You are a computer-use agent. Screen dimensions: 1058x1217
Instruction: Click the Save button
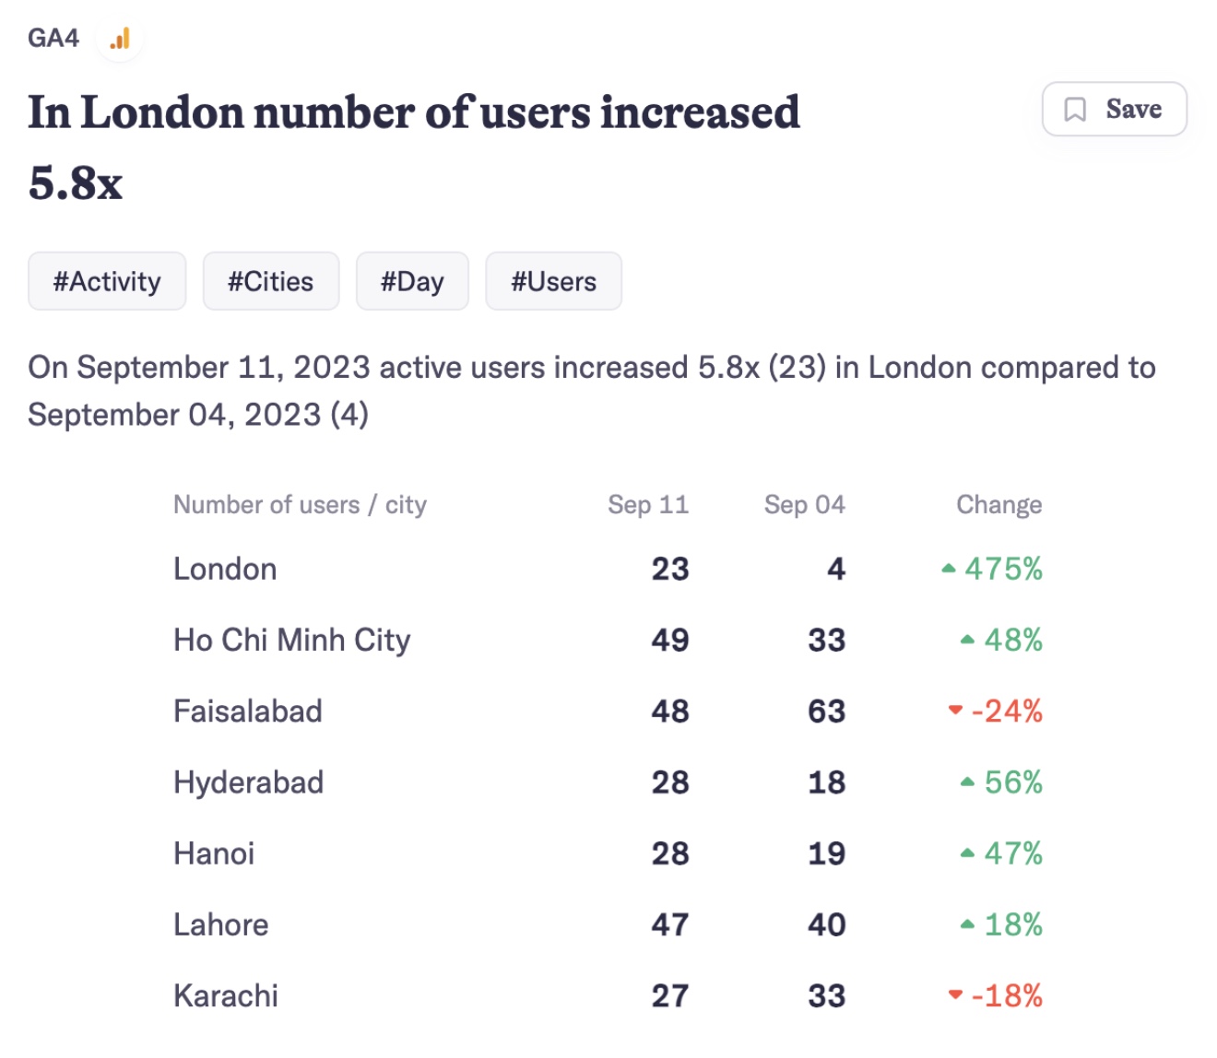tap(1114, 109)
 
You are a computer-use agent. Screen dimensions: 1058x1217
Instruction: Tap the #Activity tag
tap(107, 281)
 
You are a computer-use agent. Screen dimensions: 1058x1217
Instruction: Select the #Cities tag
tap(270, 281)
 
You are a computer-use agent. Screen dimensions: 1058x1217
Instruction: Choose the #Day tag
tap(412, 281)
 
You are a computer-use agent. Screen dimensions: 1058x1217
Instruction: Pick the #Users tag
tap(553, 281)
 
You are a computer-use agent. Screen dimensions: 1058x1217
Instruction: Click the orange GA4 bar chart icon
tap(120, 39)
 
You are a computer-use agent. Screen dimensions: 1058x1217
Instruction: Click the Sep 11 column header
tap(647, 505)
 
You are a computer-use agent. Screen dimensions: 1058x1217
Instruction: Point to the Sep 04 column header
tap(804, 505)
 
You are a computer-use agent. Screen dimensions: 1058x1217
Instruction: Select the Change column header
tap(998, 505)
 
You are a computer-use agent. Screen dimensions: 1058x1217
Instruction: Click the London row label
tap(225, 570)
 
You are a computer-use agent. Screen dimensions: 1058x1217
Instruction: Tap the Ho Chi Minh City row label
tap(291, 641)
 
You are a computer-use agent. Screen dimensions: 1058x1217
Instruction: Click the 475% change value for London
tap(1002, 570)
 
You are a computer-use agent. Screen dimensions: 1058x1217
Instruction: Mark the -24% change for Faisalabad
tap(1006, 711)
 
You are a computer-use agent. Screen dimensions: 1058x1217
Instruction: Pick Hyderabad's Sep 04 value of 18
tap(826, 782)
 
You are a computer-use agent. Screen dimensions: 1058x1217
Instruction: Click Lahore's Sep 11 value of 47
tap(669, 924)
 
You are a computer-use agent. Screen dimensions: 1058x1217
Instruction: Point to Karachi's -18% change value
tap(1006, 996)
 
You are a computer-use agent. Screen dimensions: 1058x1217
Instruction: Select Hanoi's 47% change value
tap(1012, 853)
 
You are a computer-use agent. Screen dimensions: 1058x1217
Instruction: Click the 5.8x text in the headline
tap(75, 182)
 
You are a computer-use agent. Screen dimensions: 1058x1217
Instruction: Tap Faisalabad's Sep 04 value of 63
tap(826, 711)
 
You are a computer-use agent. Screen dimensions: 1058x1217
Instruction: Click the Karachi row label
tap(226, 996)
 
